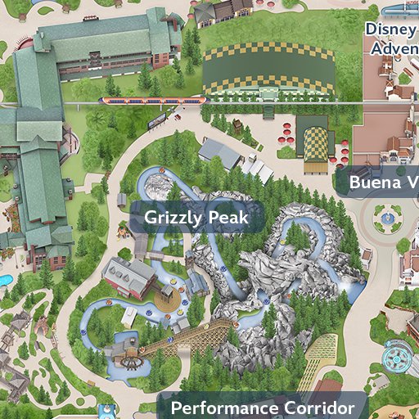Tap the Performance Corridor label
tap(262, 408)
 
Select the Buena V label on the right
tap(383, 182)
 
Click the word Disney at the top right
tap(391, 29)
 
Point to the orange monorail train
tap(151, 101)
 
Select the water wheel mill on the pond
tap(123, 348)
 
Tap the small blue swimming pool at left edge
tap(4, 281)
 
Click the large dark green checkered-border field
tap(268, 70)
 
